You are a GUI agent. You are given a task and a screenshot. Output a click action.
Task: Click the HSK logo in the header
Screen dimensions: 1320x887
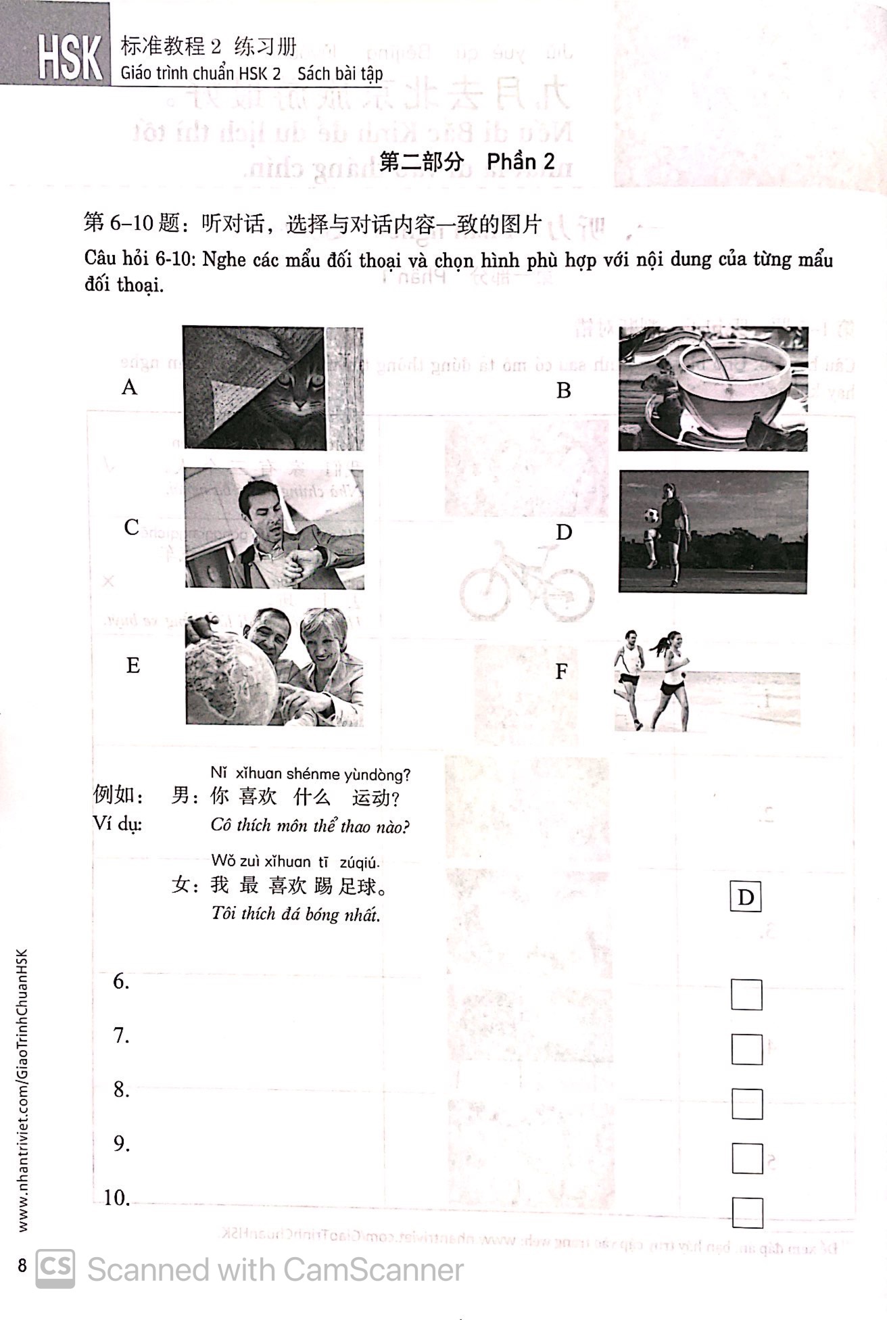70,57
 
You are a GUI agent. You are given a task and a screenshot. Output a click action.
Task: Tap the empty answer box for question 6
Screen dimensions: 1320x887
746,995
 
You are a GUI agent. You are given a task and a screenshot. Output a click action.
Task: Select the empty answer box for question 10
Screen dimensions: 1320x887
747,1212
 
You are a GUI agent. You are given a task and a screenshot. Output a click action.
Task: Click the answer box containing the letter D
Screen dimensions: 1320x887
746,897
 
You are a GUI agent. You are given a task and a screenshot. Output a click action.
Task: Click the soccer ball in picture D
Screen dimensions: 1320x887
651,515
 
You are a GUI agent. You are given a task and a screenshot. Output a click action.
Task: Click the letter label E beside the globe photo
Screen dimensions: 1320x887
133,665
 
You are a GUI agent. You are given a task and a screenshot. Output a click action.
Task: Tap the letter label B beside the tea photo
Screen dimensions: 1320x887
563,390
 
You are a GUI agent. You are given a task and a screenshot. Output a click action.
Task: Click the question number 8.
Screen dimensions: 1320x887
121,1089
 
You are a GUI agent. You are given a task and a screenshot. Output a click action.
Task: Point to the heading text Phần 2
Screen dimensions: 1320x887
521,161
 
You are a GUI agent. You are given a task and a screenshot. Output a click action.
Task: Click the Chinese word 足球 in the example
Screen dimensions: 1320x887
358,885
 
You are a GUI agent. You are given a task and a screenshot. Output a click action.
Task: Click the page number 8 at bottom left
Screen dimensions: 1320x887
22,1265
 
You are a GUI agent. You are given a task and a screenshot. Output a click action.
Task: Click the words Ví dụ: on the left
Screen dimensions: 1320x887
118,824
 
